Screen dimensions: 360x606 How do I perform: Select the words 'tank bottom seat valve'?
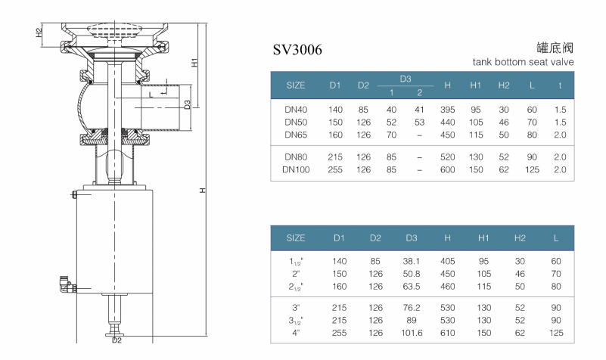(523, 62)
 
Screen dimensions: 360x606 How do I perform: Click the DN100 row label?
(296, 170)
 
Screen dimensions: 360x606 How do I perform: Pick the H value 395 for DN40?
(447, 110)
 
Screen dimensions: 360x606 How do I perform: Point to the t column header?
(560, 85)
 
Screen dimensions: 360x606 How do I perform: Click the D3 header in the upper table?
(405, 79)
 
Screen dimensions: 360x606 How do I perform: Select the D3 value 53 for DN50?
(419, 122)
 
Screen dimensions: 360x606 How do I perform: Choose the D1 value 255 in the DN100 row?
(336, 170)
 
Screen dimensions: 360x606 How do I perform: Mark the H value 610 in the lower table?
(447, 333)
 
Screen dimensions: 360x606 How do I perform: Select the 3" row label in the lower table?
(296, 309)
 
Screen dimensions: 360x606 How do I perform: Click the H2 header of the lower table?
(520, 237)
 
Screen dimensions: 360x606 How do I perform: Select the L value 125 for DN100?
(533, 170)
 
